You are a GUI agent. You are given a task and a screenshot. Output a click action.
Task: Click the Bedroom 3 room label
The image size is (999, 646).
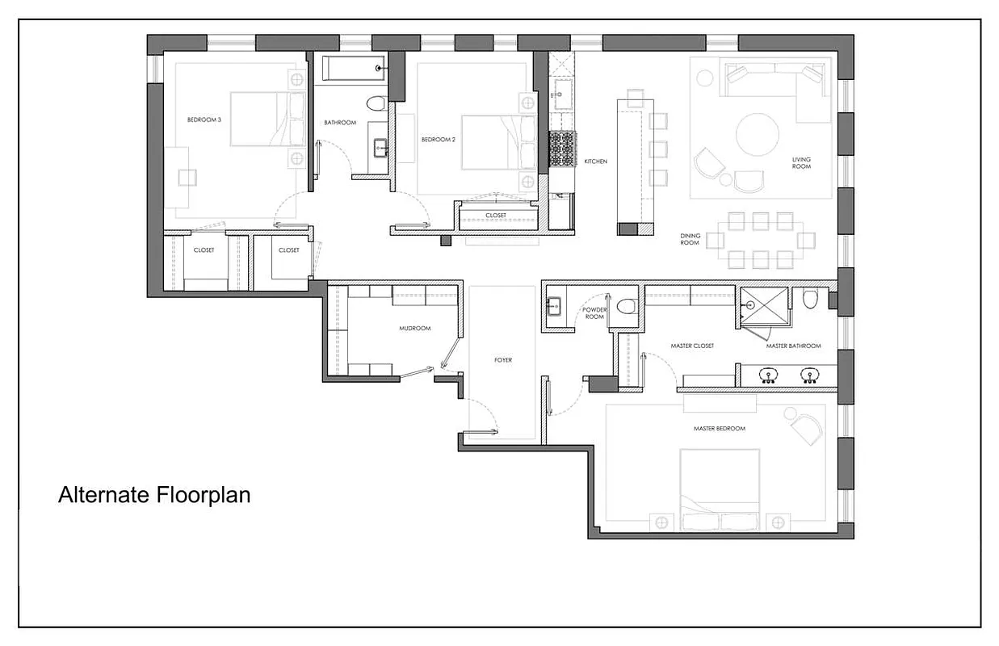[204, 120]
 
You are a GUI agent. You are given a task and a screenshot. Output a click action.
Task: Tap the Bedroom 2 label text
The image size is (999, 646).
[439, 140]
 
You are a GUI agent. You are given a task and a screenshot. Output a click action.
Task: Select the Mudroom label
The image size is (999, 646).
[415, 329]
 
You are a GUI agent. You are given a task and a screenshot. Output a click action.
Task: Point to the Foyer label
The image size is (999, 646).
[503, 360]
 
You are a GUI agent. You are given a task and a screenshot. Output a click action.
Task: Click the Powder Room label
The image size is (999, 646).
[594, 313]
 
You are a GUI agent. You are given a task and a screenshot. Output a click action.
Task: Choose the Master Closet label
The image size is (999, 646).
[692, 346]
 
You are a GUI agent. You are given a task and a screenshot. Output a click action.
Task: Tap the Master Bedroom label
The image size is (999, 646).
[719, 429]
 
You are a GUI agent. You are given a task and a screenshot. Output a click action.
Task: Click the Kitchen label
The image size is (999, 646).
[596, 161]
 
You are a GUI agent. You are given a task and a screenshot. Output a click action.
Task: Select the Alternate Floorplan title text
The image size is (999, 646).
[154, 494]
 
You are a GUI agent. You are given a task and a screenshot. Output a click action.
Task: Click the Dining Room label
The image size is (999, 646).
[689, 240]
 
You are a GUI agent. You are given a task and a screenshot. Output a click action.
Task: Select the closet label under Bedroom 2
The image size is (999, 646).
[496, 216]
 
